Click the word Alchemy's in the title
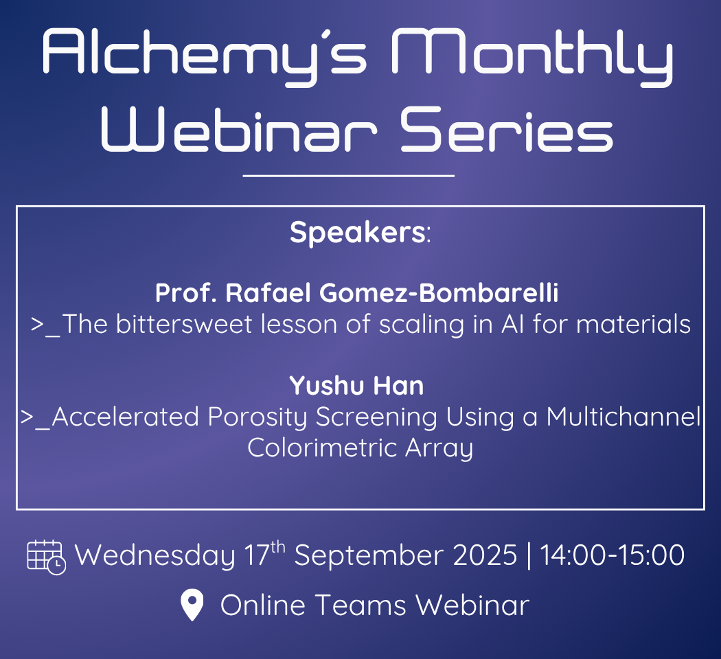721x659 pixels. pyautogui.click(x=204, y=55)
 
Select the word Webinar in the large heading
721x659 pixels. pyautogui.click(x=239, y=129)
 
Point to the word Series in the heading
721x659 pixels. pyautogui.click(x=506, y=129)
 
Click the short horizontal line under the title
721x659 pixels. pyautogui.click(x=349, y=176)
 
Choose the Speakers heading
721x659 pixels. pyautogui.click(x=360, y=233)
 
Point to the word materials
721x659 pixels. pyautogui.click(x=633, y=324)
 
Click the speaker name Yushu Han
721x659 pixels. pyautogui.click(x=356, y=386)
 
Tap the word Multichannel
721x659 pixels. pyautogui.click(x=623, y=417)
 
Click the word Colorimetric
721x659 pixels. pyautogui.click(x=322, y=448)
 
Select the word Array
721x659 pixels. pyautogui.click(x=439, y=448)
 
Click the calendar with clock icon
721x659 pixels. pyautogui.click(x=47, y=557)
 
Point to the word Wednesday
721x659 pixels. pyautogui.click(x=155, y=555)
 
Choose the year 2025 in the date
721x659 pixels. pyautogui.click(x=485, y=555)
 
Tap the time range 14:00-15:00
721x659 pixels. pyautogui.click(x=612, y=555)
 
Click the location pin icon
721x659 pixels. pyautogui.click(x=192, y=604)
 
